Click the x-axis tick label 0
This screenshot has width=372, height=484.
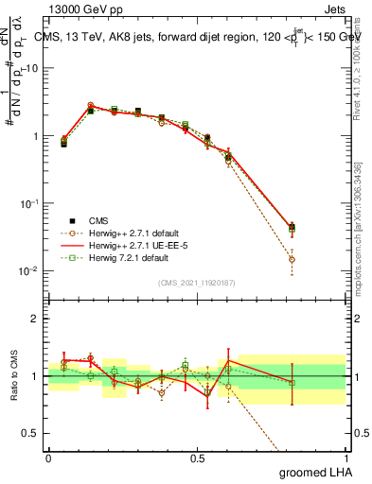48,457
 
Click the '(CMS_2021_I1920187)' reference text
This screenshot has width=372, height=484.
196,283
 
